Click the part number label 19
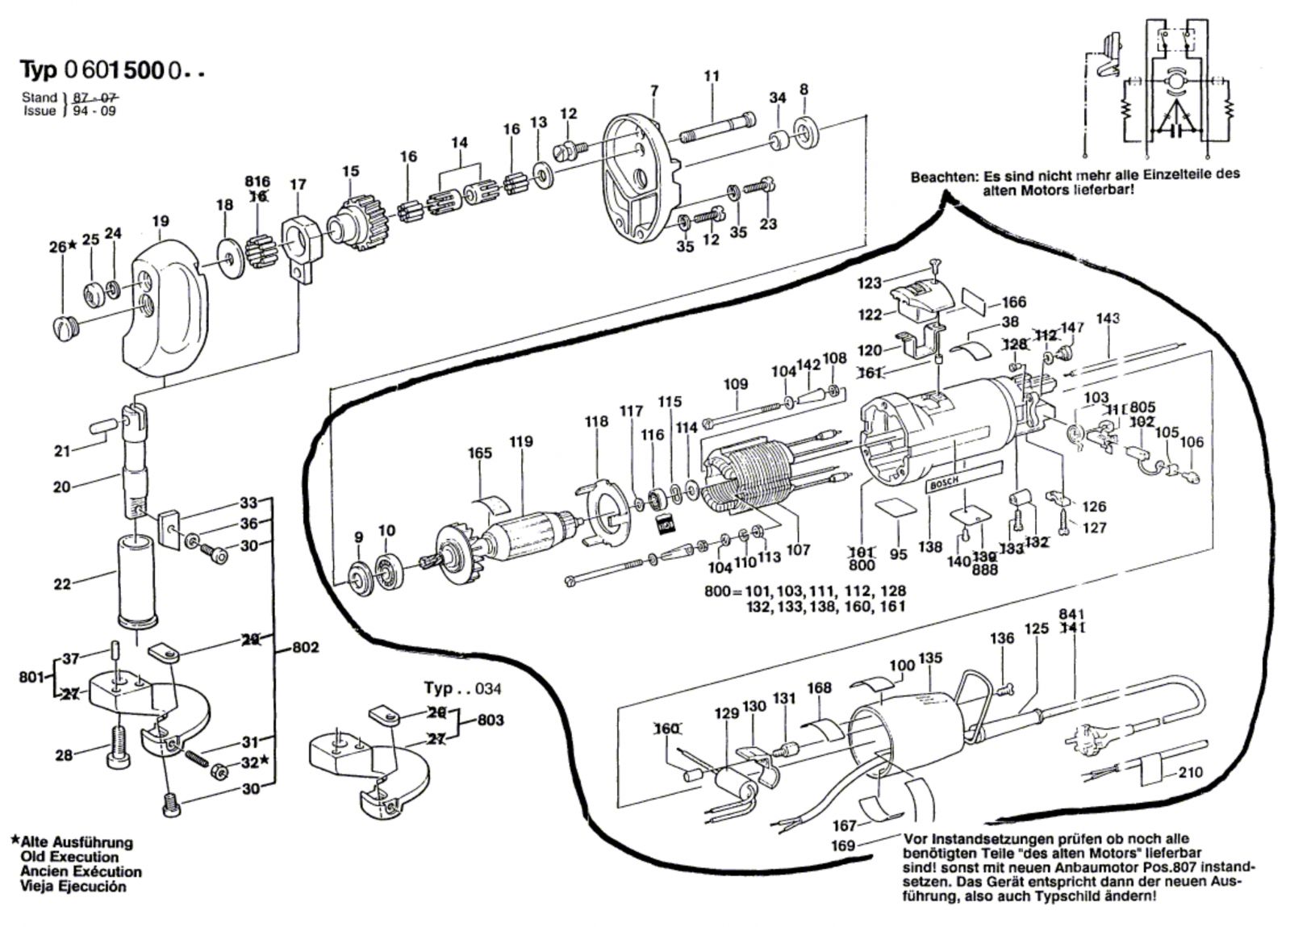click(x=160, y=220)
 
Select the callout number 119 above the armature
click(x=521, y=441)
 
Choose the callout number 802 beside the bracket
click(x=305, y=647)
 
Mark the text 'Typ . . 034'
click(x=462, y=689)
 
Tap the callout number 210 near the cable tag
click(x=1189, y=772)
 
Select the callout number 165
click(x=479, y=453)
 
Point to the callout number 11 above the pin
click(x=711, y=77)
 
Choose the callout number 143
click(x=1108, y=319)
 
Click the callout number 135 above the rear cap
click(x=930, y=658)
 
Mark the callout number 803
click(x=491, y=719)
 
